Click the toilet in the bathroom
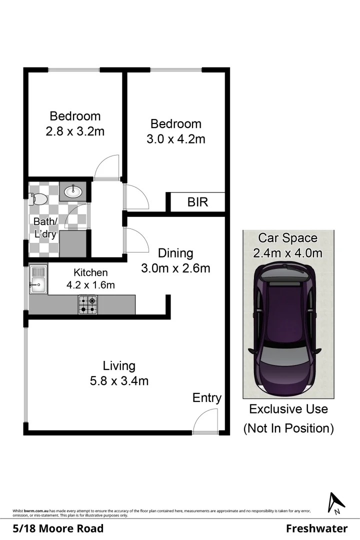pyautogui.click(x=38, y=199)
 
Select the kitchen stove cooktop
pyautogui.click(x=87, y=304)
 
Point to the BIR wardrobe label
pyautogui.click(x=197, y=202)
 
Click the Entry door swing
pyautogui.click(x=205, y=420)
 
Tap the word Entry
pyautogui.click(x=206, y=398)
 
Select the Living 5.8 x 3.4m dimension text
pyautogui.click(x=119, y=381)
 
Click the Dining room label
pyautogui.click(x=175, y=253)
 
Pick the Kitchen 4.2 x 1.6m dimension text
pyautogui.click(x=90, y=285)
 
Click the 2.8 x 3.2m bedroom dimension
pyautogui.click(x=75, y=131)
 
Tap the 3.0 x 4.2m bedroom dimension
pyautogui.click(x=175, y=139)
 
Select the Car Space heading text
pyautogui.click(x=287, y=238)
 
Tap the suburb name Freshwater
pyautogui.click(x=316, y=528)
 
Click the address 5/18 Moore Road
pyautogui.click(x=58, y=528)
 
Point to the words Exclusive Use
pyautogui.click(x=288, y=409)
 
